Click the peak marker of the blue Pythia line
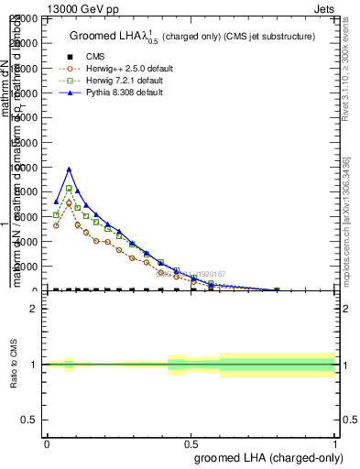(x=69, y=169)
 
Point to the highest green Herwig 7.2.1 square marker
(x=69, y=188)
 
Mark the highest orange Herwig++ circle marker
(x=69, y=202)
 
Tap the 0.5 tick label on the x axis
(x=191, y=442)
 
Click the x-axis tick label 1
(x=335, y=442)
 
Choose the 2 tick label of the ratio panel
(x=35, y=309)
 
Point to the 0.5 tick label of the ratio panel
(x=31, y=419)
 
